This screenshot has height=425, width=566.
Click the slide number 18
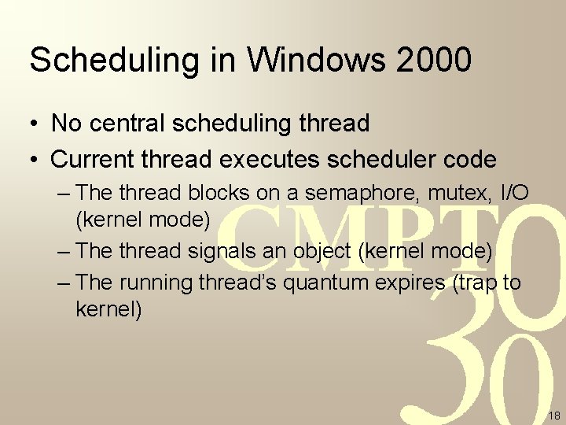553,416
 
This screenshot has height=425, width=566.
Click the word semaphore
355,193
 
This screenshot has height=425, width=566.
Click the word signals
219,251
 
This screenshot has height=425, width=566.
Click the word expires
412,283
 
